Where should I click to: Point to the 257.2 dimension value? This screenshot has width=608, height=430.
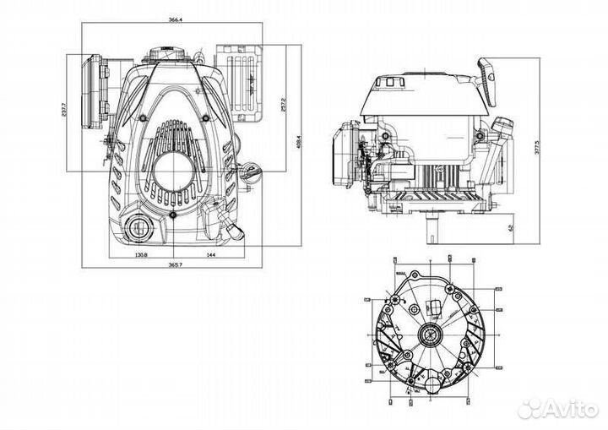282,105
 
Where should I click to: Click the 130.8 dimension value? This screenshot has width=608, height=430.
141,254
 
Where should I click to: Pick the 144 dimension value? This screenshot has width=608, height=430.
210,254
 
